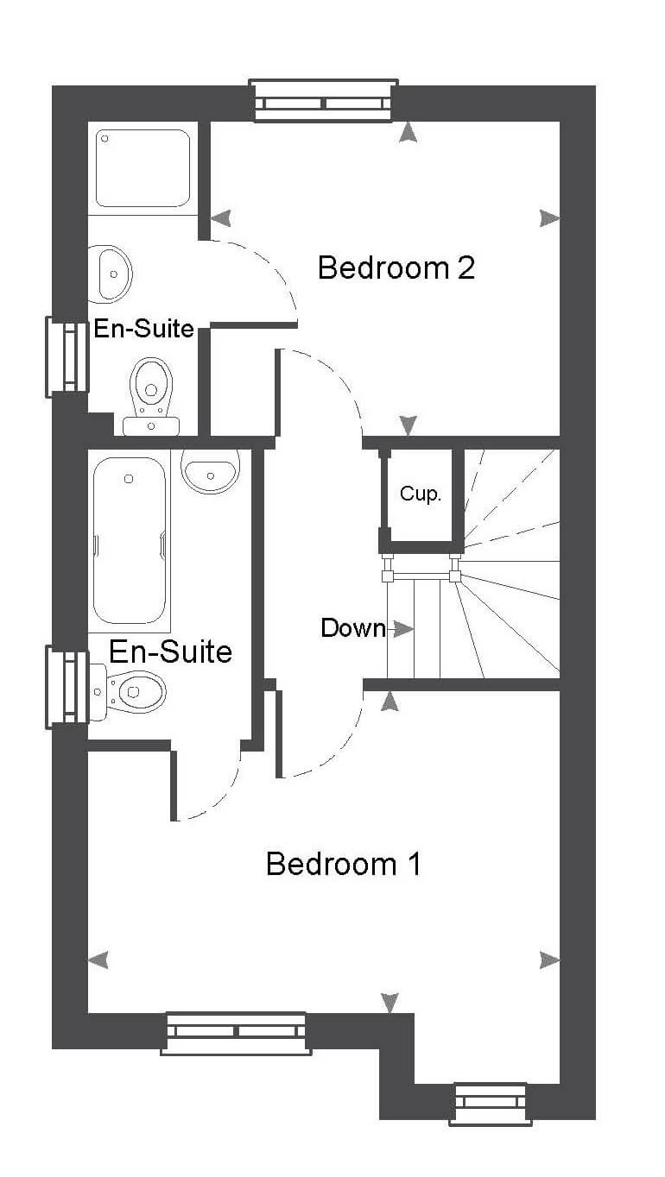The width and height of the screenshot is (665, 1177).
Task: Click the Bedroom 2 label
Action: click(396, 267)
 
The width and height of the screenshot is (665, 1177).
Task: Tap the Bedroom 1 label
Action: click(343, 864)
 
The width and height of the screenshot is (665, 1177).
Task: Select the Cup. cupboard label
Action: click(420, 494)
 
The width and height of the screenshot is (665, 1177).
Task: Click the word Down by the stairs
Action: click(352, 628)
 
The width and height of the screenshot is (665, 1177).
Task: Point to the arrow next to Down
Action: click(402, 628)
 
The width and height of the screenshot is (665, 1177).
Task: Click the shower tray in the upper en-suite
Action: click(142, 168)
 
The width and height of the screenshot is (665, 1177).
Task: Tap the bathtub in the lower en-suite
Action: click(130, 541)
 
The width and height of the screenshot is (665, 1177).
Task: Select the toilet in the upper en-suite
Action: click(151, 397)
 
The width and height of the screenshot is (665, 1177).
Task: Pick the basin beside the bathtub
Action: click(210, 471)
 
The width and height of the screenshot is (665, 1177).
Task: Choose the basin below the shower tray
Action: click(110, 274)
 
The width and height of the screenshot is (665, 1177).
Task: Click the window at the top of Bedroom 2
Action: click(323, 100)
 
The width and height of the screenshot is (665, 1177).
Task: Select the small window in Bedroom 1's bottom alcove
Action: click(491, 1104)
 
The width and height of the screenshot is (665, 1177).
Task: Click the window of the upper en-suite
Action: click(66, 356)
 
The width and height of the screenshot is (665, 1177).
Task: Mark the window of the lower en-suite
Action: click(66, 687)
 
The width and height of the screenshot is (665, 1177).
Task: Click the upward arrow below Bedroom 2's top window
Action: click(408, 132)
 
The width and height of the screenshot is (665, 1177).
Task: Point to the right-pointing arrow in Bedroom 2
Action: click(549, 218)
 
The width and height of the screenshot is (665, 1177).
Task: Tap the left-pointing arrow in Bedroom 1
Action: click(98, 960)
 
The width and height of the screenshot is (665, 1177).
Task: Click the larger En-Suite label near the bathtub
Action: click(170, 651)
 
